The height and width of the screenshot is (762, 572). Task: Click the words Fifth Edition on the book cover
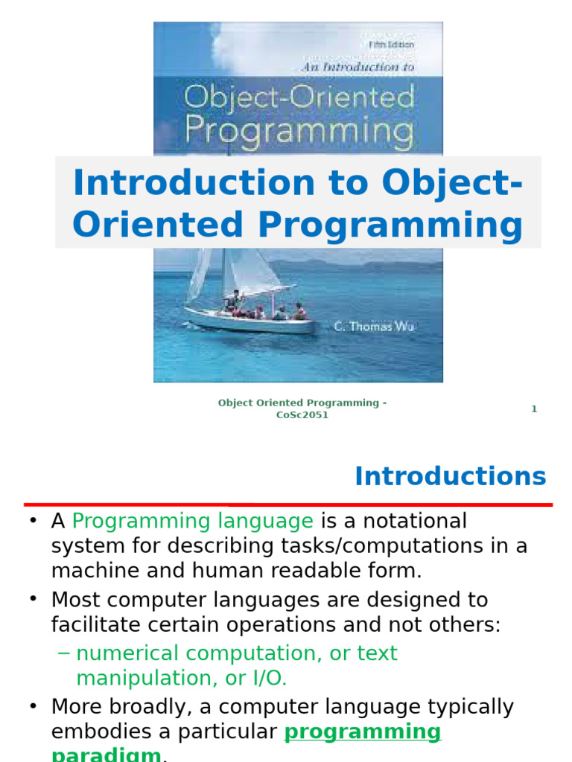click(392, 45)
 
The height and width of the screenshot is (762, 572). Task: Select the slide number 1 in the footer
click(534, 409)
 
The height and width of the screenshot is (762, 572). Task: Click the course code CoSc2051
click(302, 415)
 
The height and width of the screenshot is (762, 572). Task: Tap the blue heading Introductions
click(450, 476)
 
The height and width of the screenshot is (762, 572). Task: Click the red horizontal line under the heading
click(287, 505)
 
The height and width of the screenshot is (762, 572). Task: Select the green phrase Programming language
click(193, 521)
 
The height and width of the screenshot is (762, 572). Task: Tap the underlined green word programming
click(363, 731)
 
